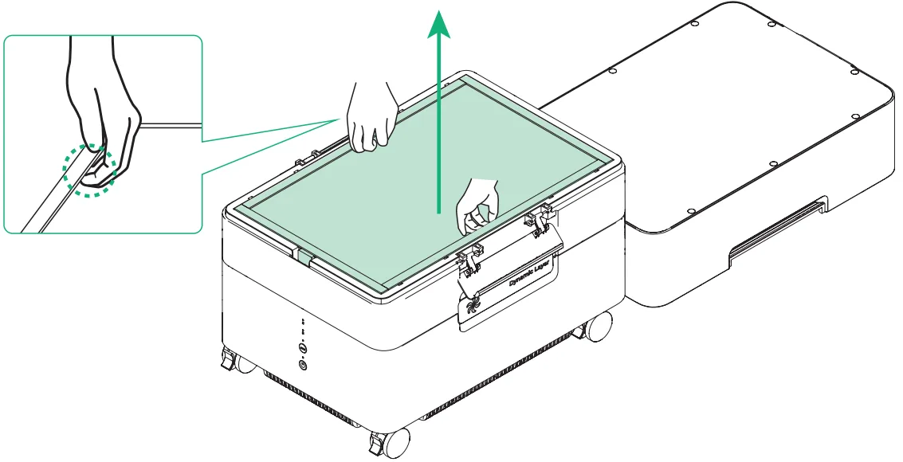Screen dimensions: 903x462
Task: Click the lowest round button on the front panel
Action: pyautogui.click(x=304, y=365)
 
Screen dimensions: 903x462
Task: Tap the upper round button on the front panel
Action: pyautogui.click(x=303, y=348)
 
